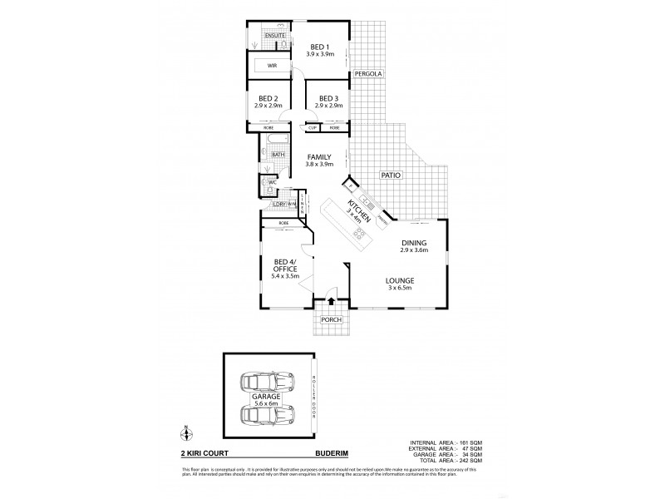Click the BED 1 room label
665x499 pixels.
[321, 47]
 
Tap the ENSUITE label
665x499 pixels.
[275, 37]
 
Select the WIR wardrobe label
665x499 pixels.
[272, 65]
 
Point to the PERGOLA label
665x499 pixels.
[367, 74]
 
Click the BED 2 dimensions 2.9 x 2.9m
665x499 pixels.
[270, 106]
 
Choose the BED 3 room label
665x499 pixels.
[329, 99]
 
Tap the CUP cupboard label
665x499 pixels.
[313, 128]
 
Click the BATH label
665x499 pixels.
[278, 154]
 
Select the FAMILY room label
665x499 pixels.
[320, 157]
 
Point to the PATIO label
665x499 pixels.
[392, 175]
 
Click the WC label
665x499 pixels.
[272, 182]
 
